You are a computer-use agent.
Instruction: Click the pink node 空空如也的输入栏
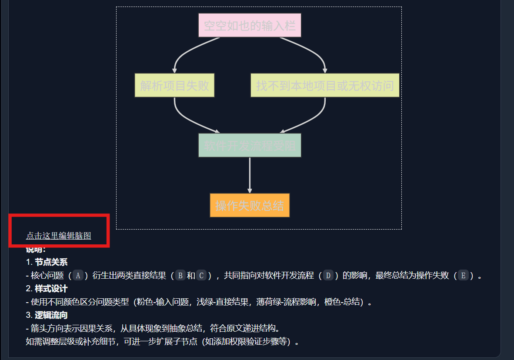[x=250, y=25]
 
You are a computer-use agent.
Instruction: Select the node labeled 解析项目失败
[x=174, y=85]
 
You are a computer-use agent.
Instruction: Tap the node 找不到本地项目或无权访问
[x=325, y=85]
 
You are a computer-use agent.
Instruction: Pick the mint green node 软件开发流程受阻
[x=250, y=145]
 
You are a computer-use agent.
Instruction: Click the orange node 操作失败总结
[x=250, y=205]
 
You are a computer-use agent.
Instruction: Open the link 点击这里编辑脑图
[x=58, y=236]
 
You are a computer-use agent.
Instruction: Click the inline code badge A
[x=78, y=275]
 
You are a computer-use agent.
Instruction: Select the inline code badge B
[x=181, y=275]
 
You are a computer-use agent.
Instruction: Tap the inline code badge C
[x=201, y=275]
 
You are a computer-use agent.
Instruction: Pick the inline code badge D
[x=329, y=275]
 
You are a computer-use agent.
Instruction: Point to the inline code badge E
[x=463, y=275]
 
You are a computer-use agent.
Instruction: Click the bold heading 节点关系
[x=51, y=262]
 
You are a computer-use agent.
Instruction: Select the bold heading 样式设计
[x=51, y=289]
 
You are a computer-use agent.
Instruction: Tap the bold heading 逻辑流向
[x=51, y=315]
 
